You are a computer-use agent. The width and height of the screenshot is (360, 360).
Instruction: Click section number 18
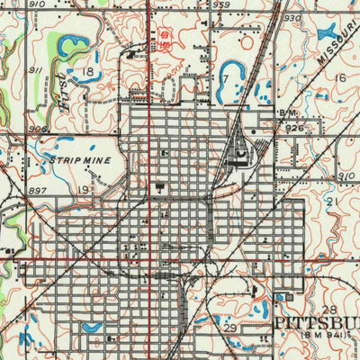coord(87,71)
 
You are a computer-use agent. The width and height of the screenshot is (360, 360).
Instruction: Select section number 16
coord(339,78)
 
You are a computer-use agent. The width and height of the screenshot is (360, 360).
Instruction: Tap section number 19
coord(85,189)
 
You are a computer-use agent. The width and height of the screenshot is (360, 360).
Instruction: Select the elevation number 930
coord(291,17)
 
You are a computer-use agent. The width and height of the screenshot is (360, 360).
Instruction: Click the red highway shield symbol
coord(165,36)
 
